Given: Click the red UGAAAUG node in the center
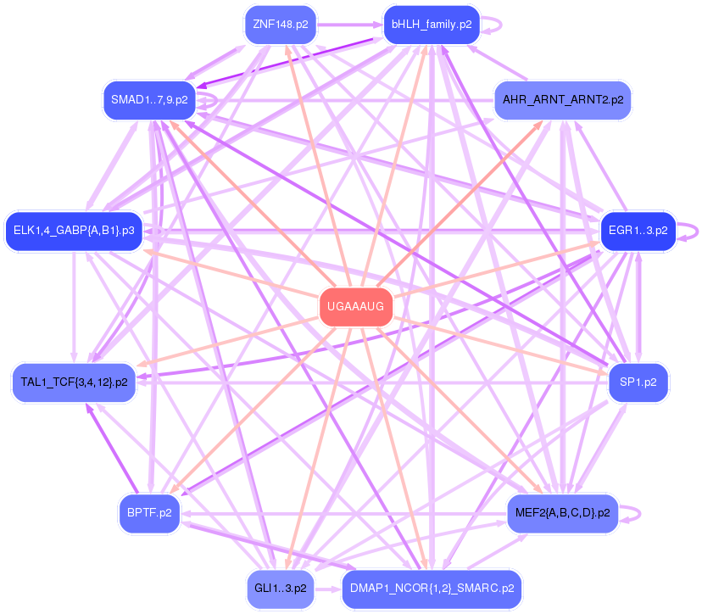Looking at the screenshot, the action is pyautogui.click(x=356, y=307).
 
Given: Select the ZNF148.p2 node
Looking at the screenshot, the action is pyautogui.click(x=280, y=25).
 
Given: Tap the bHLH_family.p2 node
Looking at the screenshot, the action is pyautogui.click(x=432, y=25).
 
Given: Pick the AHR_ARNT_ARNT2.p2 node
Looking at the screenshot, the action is pyautogui.click(x=562, y=100).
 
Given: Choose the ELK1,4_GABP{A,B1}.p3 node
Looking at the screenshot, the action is pyautogui.click(x=74, y=230).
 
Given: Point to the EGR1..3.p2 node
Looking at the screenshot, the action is pyautogui.click(x=638, y=230).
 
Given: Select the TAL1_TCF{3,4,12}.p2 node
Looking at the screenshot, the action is pyautogui.click(x=74, y=382).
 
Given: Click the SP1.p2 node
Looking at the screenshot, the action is pyautogui.click(x=638, y=382).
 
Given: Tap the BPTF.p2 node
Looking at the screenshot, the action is pyautogui.click(x=149, y=512).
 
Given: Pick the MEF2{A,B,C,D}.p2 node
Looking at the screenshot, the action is pyautogui.click(x=562, y=512).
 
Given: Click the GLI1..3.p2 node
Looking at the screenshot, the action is pyautogui.click(x=280, y=587).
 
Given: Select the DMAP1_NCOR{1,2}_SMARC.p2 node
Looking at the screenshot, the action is pyautogui.click(x=432, y=587).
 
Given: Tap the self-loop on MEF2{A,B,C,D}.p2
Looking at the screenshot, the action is pyautogui.click(x=637, y=512).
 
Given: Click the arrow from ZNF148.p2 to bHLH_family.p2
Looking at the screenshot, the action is pyautogui.click(x=349, y=25).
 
